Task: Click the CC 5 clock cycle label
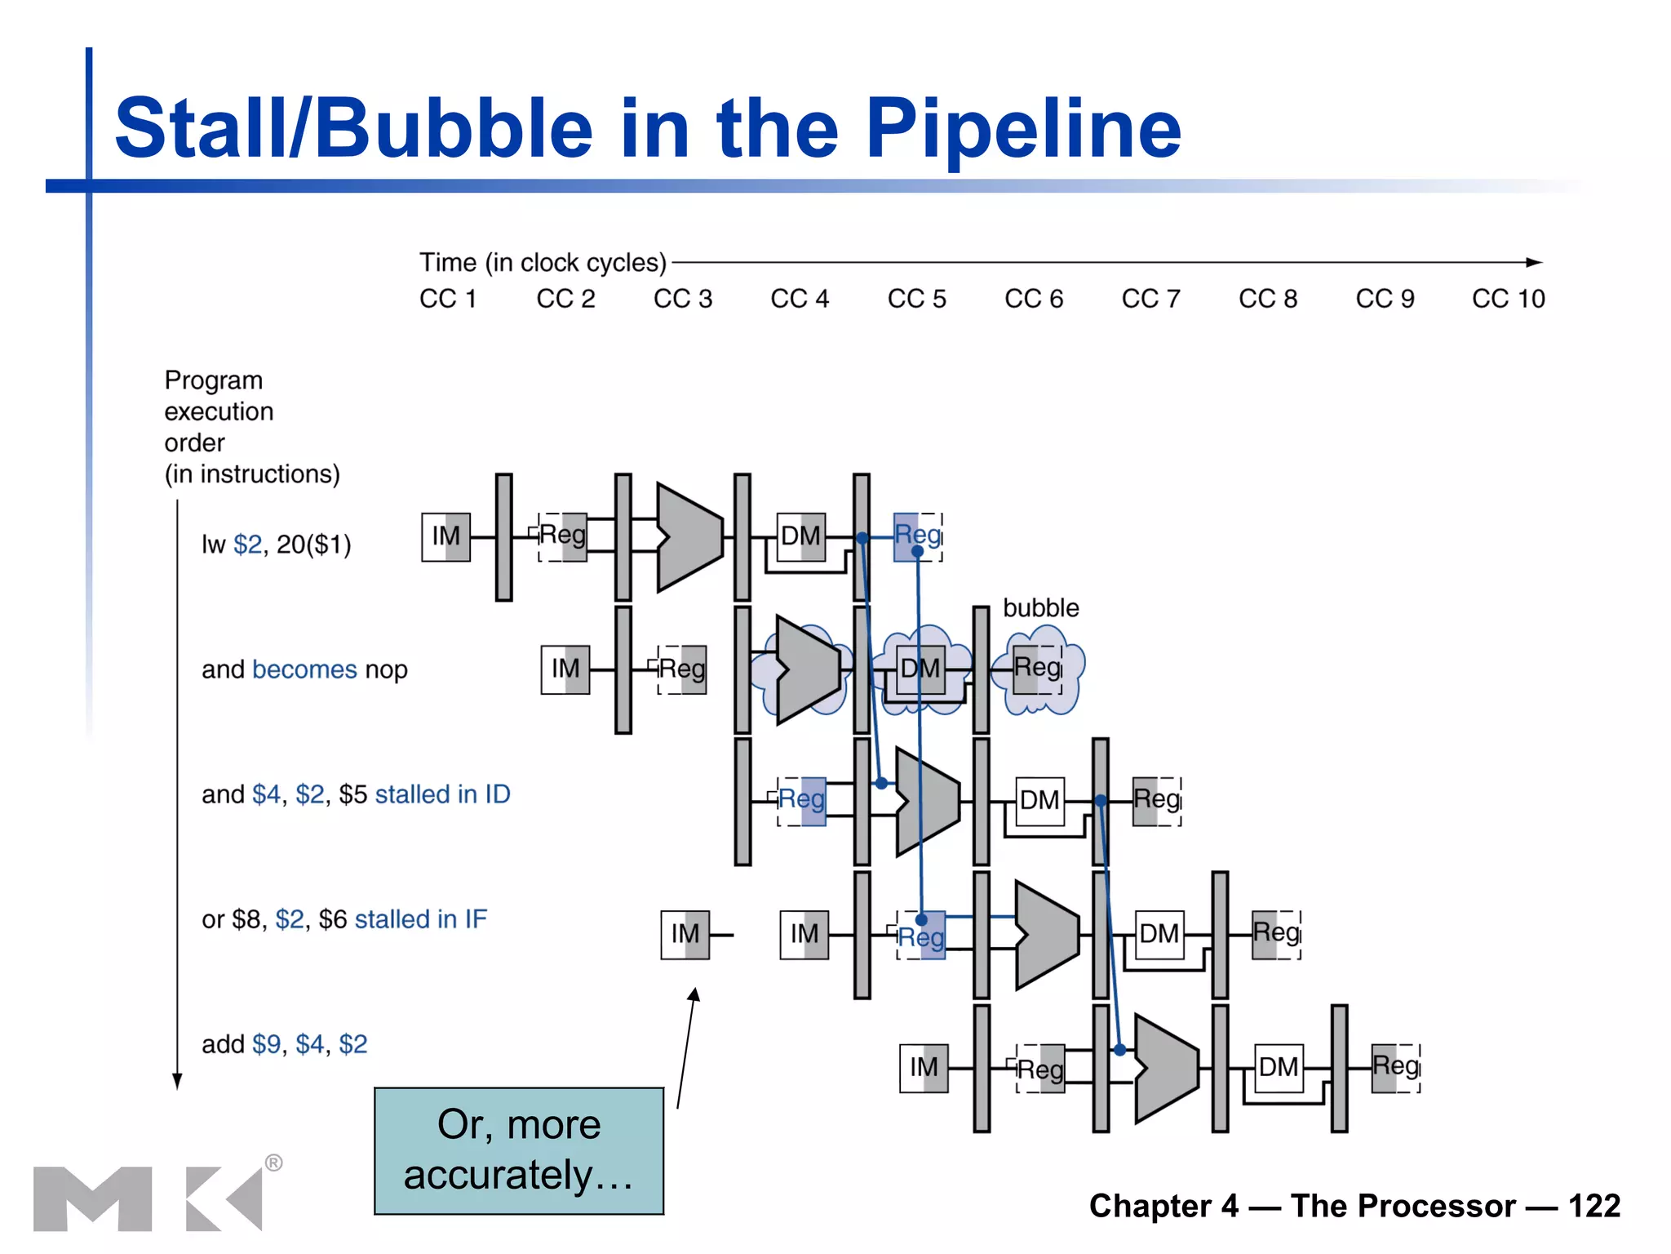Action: tap(916, 299)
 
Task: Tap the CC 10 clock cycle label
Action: tap(1508, 299)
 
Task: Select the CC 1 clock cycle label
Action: tap(447, 299)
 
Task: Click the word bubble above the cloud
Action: tap(1040, 608)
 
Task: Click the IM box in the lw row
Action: tap(445, 536)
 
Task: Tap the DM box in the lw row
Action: tap(800, 536)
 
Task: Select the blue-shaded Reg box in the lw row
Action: tap(918, 536)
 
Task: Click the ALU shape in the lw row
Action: tap(689, 537)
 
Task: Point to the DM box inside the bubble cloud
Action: tap(920, 669)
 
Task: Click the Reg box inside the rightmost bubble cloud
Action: tap(1038, 669)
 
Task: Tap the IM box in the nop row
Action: tap(565, 669)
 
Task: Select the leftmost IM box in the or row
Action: tap(685, 934)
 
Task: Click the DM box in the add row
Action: tap(1278, 1068)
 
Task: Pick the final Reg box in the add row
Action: tap(1395, 1068)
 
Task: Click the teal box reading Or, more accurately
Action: tap(519, 1150)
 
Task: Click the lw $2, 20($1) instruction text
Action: tap(276, 545)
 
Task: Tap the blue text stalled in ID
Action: tap(442, 794)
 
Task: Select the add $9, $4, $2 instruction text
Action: tap(284, 1044)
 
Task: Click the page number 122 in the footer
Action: tap(1593, 1206)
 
